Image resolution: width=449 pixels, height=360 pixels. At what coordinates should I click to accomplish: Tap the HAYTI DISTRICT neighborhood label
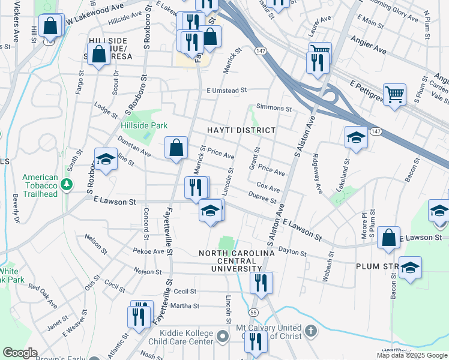[241, 130]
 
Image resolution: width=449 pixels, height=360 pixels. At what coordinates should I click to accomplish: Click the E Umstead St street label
[226, 91]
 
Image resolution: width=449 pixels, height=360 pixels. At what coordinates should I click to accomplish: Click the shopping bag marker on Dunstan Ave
[176, 147]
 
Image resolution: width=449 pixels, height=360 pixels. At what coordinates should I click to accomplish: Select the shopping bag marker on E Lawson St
[389, 237]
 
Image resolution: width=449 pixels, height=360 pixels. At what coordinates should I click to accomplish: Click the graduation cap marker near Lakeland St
[356, 137]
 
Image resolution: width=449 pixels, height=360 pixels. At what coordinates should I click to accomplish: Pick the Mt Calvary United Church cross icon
[310, 331]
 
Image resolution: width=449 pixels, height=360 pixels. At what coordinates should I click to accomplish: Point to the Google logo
[20, 353]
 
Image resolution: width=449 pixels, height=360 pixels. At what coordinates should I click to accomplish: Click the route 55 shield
[255, 313]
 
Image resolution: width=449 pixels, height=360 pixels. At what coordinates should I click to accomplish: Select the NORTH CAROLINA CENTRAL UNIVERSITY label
[237, 262]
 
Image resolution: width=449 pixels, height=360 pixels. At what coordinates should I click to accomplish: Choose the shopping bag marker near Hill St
[51, 26]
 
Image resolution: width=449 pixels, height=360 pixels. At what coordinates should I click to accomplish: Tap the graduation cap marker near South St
[106, 160]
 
